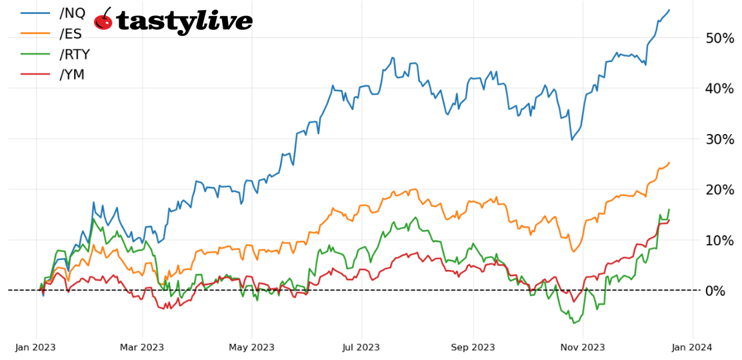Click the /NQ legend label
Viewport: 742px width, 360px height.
point(72,13)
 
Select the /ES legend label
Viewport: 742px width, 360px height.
point(70,33)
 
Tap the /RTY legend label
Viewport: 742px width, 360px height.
point(74,54)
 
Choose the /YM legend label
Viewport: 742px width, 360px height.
point(71,75)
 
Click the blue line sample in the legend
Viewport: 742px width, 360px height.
point(35,13)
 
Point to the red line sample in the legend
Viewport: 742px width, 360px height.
point(35,75)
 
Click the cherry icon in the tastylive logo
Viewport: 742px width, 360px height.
point(103,20)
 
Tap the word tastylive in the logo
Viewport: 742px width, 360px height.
point(184,22)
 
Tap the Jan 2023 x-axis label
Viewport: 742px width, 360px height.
point(35,347)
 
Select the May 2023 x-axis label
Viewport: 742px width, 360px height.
point(252,347)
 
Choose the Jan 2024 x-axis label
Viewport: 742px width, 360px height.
point(692,347)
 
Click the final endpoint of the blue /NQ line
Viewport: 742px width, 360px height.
point(669,10)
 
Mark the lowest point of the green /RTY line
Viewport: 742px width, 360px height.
point(573,323)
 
